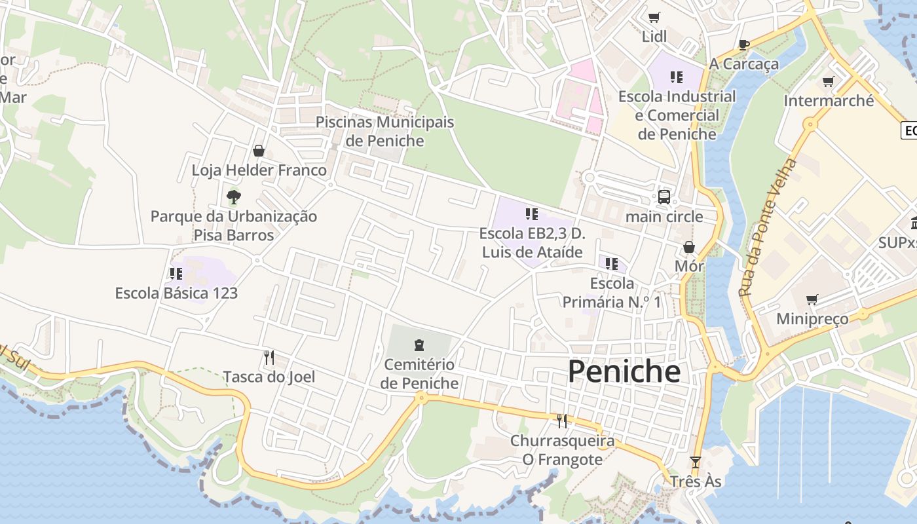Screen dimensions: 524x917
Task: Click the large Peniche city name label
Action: (x=624, y=371)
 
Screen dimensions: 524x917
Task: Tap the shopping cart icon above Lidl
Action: (x=654, y=17)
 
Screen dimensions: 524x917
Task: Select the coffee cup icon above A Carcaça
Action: (x=743, y=45)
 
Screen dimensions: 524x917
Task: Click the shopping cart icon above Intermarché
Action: (x=828, y=82)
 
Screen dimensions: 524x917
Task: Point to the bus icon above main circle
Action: (x=664, y=196)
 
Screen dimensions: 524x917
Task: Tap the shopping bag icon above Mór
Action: (x=688, y=247)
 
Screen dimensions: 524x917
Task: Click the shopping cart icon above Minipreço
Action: (x=812, y=299)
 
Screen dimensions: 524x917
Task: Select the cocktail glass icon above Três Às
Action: (x=695, y=462)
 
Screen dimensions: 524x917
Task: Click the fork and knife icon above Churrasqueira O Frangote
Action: (x=561, y=421)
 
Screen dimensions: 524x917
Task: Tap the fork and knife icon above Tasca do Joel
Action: (x=269, y=357)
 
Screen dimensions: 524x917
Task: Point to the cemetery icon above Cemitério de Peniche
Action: (x=419, y=345)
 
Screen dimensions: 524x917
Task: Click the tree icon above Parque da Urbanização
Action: (x=233, y=196)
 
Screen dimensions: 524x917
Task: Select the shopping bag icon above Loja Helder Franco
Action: (x=259, y=151)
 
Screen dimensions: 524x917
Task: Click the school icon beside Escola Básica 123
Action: (x=176, y=273)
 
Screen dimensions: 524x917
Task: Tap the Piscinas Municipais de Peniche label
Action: (x=384, y=131)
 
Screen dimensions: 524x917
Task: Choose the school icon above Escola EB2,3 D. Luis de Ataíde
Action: (x=531, y=214)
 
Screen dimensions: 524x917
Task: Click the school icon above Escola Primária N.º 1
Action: (x=611, y=263)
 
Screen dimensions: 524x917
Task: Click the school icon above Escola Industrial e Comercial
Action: (x=677, y=77)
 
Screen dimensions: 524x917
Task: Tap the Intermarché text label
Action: (x=829, y=101)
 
